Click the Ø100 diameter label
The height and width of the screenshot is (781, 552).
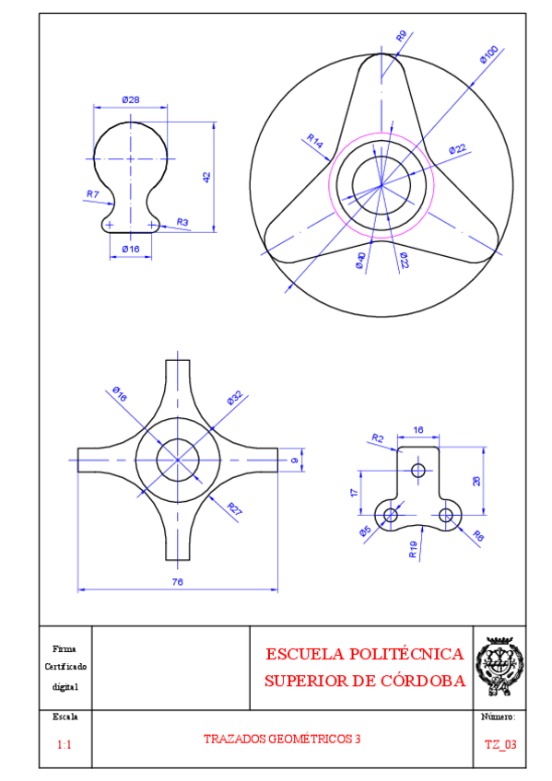pos(489,54)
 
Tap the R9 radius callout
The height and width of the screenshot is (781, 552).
pos(402,36)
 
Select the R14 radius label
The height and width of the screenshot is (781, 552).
pos(315,141)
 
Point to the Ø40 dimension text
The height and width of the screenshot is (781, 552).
pos(360,261)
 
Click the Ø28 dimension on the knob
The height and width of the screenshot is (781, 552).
pos(131,99)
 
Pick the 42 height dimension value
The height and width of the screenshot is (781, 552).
pos(207,177)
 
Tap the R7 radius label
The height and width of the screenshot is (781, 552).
pos(93,193)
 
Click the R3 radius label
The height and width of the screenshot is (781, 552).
pos(182,222)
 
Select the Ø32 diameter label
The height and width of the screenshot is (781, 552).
pos(235,398)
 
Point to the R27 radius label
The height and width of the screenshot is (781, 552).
pos(234,509)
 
